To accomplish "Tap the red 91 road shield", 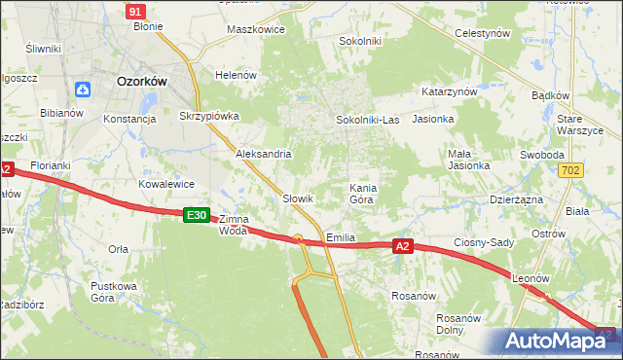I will click(136, 11).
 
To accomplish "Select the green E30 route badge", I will click(197, 215).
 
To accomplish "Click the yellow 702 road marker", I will click(572, 170).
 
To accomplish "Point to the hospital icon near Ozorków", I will click(83, 90).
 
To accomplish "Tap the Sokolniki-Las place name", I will click(367, 120).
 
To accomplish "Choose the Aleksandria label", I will click(264, 154).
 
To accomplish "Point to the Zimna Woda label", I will click(234, 225).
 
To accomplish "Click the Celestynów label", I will click(483, 33).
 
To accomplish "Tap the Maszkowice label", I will click(255, 29).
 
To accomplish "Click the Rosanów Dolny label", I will click(460, 324).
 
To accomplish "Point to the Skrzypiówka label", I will click(209, 116).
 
